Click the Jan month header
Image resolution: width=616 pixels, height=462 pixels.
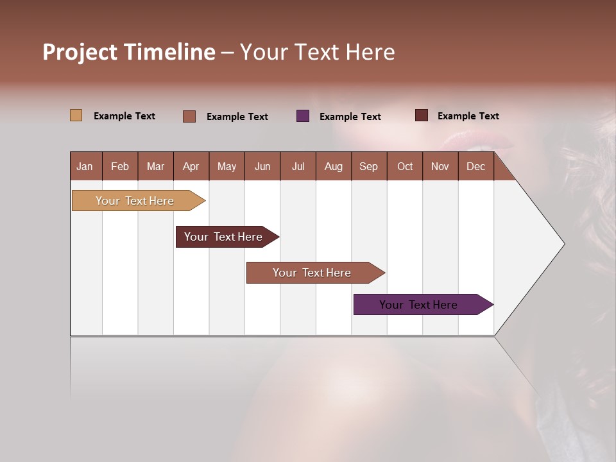85,166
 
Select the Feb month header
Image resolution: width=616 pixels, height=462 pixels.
120,166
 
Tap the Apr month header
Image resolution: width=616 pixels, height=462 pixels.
191,166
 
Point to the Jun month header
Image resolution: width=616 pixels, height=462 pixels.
262,166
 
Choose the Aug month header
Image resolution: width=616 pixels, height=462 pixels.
334,166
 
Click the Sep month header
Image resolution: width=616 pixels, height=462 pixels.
369,166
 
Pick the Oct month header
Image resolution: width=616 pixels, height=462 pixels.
405,166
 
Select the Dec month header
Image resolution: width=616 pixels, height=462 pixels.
476,166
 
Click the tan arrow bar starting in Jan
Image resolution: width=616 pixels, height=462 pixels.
135,201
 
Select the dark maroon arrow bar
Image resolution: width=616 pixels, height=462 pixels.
224,237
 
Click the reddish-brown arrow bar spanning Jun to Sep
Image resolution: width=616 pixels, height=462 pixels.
312,273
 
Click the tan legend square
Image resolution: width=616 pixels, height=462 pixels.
76,116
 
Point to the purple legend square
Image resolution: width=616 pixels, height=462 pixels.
303,116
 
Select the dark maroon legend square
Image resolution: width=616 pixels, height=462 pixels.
421,116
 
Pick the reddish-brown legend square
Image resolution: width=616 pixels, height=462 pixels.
189,116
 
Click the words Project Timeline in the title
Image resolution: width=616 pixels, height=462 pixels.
129,52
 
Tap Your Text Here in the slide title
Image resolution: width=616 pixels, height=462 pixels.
318,52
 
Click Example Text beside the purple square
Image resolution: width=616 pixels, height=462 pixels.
350,117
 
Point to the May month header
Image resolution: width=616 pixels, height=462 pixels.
227,166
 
